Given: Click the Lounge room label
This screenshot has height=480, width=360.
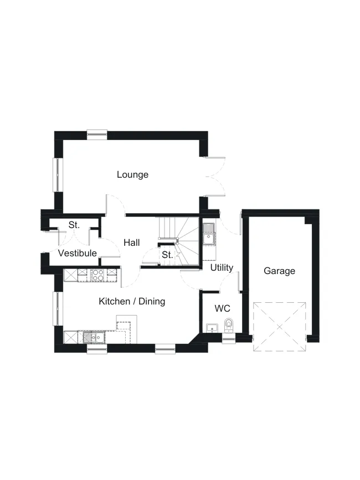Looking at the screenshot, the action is pos(132,175).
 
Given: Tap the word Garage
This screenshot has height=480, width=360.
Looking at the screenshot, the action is pos(279,271).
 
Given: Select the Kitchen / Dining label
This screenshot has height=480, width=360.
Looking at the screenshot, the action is pos(132,302).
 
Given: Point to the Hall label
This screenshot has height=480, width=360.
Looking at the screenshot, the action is pos(132,242).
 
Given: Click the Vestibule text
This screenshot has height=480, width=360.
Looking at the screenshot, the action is pos(78,253).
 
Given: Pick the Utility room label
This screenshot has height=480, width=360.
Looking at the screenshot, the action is pos(222,267).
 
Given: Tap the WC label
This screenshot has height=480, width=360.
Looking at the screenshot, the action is pos(223,308).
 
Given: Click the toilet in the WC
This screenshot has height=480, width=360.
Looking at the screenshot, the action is pos(229,325).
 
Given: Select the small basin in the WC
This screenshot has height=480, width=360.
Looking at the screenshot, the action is pos(212,328).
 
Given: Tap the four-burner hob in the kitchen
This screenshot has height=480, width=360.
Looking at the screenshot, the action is pos(98,275).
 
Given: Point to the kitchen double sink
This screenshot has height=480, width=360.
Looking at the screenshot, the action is pos(94,337).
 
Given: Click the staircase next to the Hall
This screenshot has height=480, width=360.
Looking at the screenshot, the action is pos(178,241).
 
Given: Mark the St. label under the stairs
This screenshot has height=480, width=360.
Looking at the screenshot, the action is pos(167,255).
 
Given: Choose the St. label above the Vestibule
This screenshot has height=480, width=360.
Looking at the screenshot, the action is pos(74,225).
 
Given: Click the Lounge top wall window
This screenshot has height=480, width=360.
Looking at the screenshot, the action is pos(97,135).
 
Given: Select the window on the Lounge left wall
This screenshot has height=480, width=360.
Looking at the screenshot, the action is pos(58,175).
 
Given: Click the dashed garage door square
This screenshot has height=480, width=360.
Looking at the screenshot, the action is pos(279,327).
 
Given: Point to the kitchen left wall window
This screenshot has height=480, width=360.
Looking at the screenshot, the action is pos(58,308).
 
